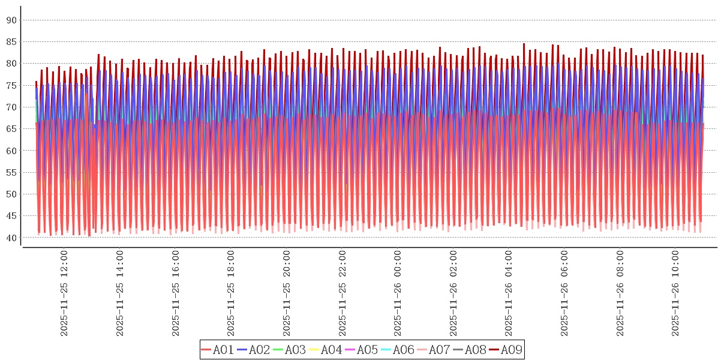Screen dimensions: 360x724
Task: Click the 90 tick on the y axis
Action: pyautogui.click(x=11, y=20)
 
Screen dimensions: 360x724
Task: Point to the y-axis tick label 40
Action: pyautogui.click(x=11, y=238)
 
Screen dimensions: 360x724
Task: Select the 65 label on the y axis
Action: pyautogui.click(x=11, y=129)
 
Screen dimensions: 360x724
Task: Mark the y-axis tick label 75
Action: pyautogui.click(x=11, y=86)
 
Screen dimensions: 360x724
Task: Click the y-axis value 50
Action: pyautogui.click(x=11, y=194)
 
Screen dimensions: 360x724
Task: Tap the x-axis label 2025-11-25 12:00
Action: pyautogui.click(x=64, y=294)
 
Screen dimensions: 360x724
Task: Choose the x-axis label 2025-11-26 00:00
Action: pyautogui.click(x=398, y=294)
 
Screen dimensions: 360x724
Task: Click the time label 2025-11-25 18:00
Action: pyautogui.click(x=231, y=294)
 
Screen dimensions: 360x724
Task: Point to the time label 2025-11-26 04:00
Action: pyautogui.click(x=509, y=294)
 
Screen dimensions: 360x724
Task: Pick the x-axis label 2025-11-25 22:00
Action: pyautogui.click(x=342, y=294)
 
